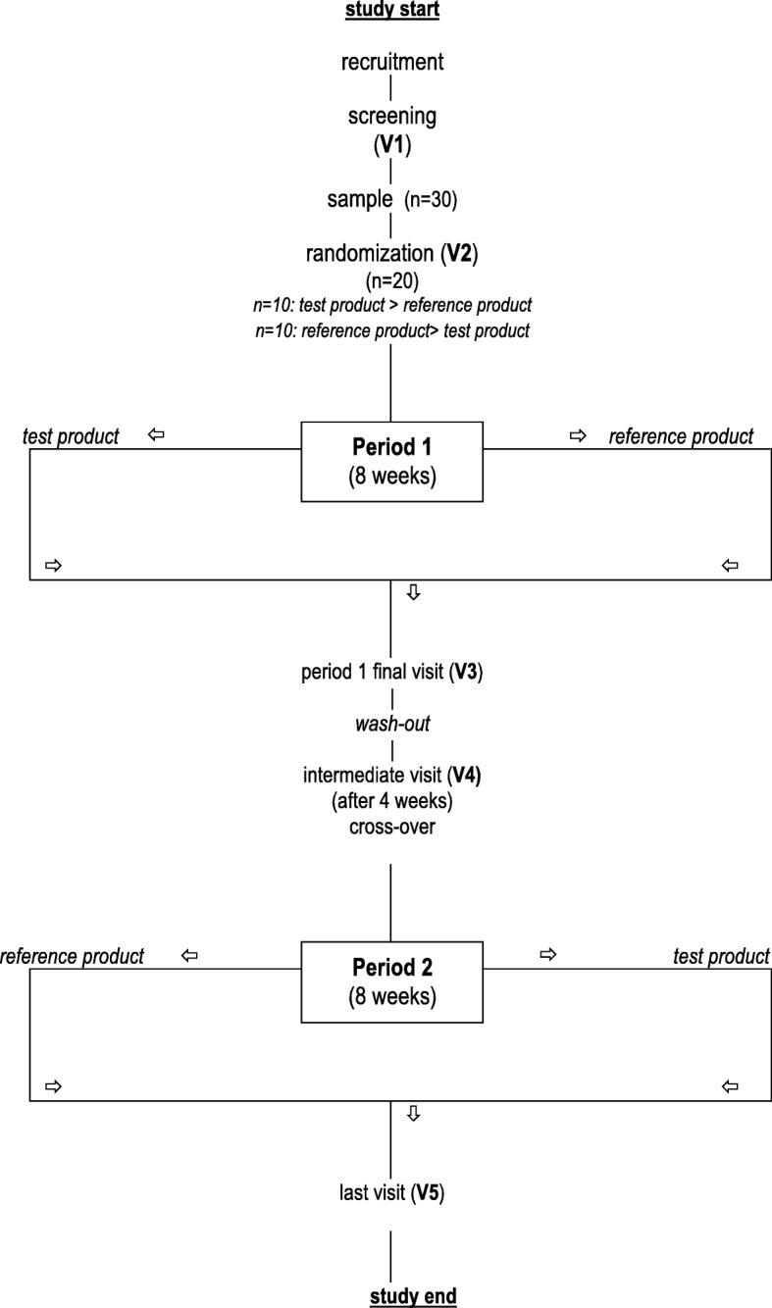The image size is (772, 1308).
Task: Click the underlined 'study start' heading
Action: [391, 12]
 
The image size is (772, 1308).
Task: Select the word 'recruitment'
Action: [392, 63]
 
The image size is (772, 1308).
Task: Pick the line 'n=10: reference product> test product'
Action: [392, 331]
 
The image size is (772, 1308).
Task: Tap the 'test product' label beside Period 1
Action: [71, 437]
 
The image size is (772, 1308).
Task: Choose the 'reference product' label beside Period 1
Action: [681, 437]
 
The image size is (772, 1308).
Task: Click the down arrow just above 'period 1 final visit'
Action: [413, 593]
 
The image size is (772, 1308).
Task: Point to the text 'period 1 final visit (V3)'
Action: [392, 674]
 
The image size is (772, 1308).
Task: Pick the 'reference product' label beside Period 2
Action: [73, 956]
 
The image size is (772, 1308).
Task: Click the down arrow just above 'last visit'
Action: [413, 1114]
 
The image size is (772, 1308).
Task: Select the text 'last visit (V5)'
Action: [392, 1195]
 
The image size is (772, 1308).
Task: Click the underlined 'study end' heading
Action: [413, 1296]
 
